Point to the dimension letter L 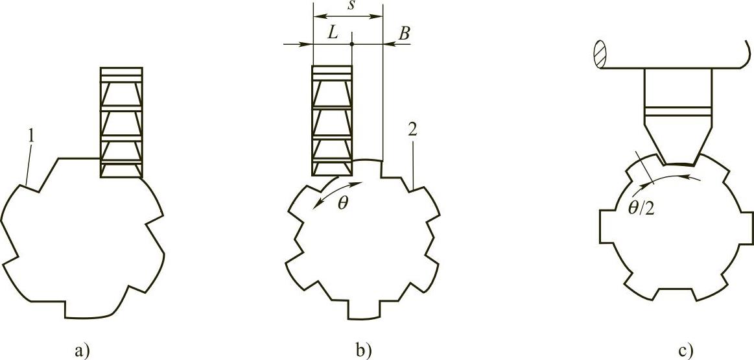point(332,34)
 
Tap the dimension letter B point(403,34)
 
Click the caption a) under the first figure point(82,352)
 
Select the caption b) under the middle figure point(362,352)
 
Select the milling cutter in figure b point(332,121)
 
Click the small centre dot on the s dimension point(351,44)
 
